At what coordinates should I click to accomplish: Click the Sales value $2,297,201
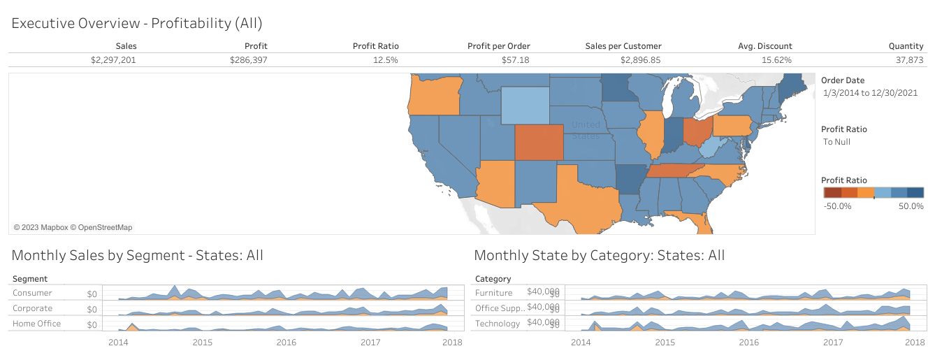[113, 60]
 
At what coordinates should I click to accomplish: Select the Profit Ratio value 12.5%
[384, 60]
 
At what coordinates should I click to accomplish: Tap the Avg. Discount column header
[765, 46]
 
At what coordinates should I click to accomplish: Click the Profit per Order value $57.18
[515, 60]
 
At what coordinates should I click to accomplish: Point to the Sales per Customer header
[623, 46]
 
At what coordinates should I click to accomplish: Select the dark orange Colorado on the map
[539, 143]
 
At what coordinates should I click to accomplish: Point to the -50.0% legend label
[837, 206]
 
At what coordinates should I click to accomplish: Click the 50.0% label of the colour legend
[911, 206]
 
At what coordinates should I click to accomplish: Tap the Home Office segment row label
[36, 324]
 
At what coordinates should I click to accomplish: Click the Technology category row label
[498, 324]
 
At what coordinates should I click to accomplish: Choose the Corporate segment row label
[32, 308]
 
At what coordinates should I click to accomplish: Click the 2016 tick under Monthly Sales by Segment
[286, 343]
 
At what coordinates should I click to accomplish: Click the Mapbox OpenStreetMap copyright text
[73, 227]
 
